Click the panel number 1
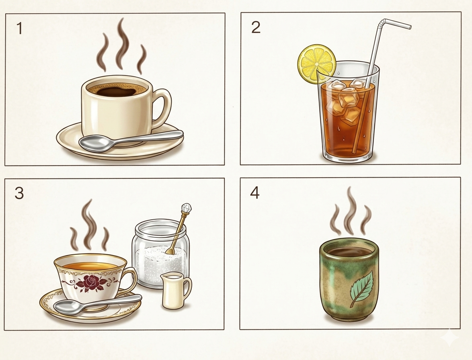click(x=20, y=29)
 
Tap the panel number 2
click(x=256, y=27)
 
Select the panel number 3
click(x=19, y=193)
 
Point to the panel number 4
click(x=254, y=193)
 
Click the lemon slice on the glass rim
click(x=317, y=64)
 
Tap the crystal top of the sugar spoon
click(x=186, y=208)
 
